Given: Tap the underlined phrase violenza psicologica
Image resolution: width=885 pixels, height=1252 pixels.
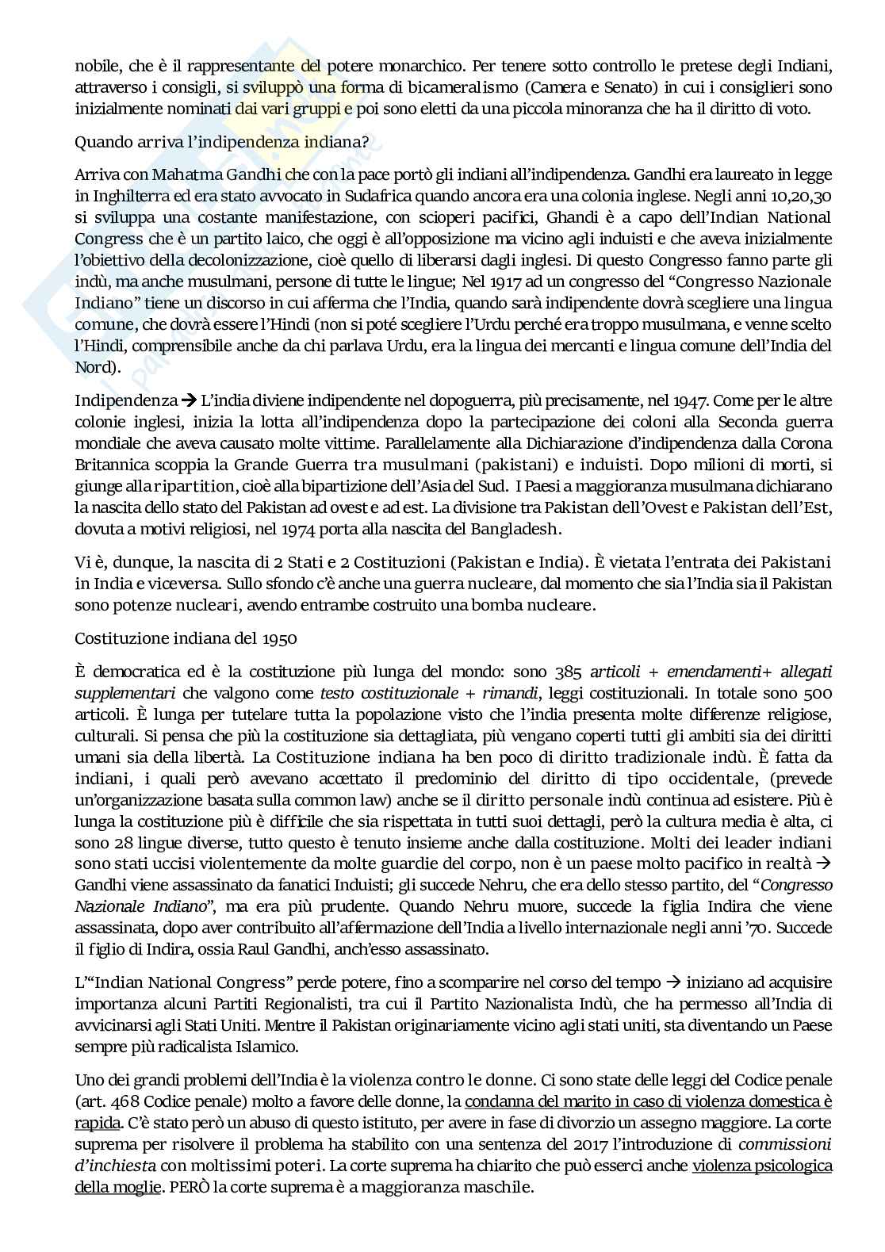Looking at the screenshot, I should click(x=762, y=1166).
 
